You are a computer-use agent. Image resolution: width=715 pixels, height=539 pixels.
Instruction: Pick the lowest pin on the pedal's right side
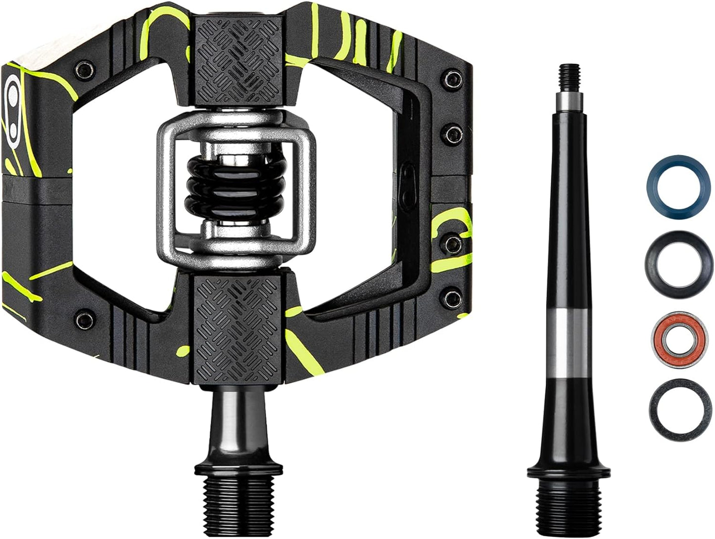[452, 296]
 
